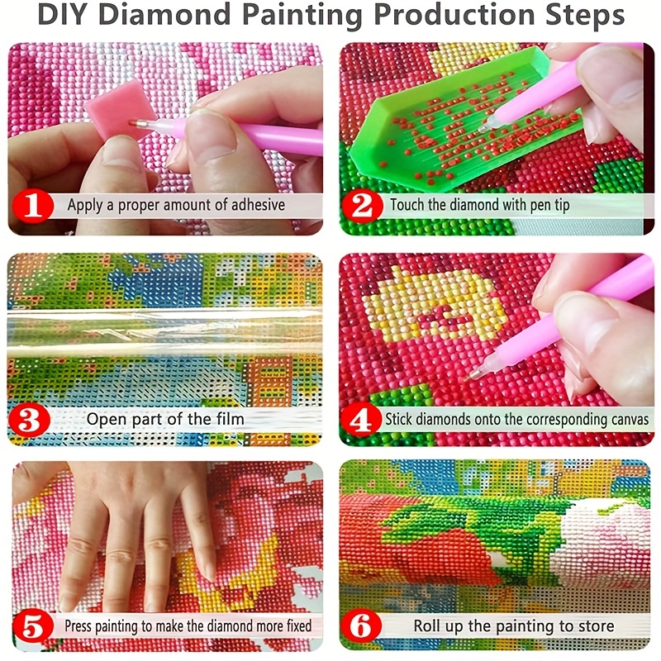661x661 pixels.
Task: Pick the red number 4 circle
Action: (x=362, y=419)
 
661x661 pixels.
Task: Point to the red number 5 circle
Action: (x=32, y=626)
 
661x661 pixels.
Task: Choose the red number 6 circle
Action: (x=362, y=626)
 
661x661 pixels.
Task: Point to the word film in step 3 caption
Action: (x=229, y=419)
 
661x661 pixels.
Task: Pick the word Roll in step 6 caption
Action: (x=430, y=626)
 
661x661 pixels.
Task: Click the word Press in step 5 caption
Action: (x=83, y=626)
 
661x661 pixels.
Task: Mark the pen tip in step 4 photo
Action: (x=474, y=374)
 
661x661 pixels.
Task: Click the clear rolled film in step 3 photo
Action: (x=165, y=330)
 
